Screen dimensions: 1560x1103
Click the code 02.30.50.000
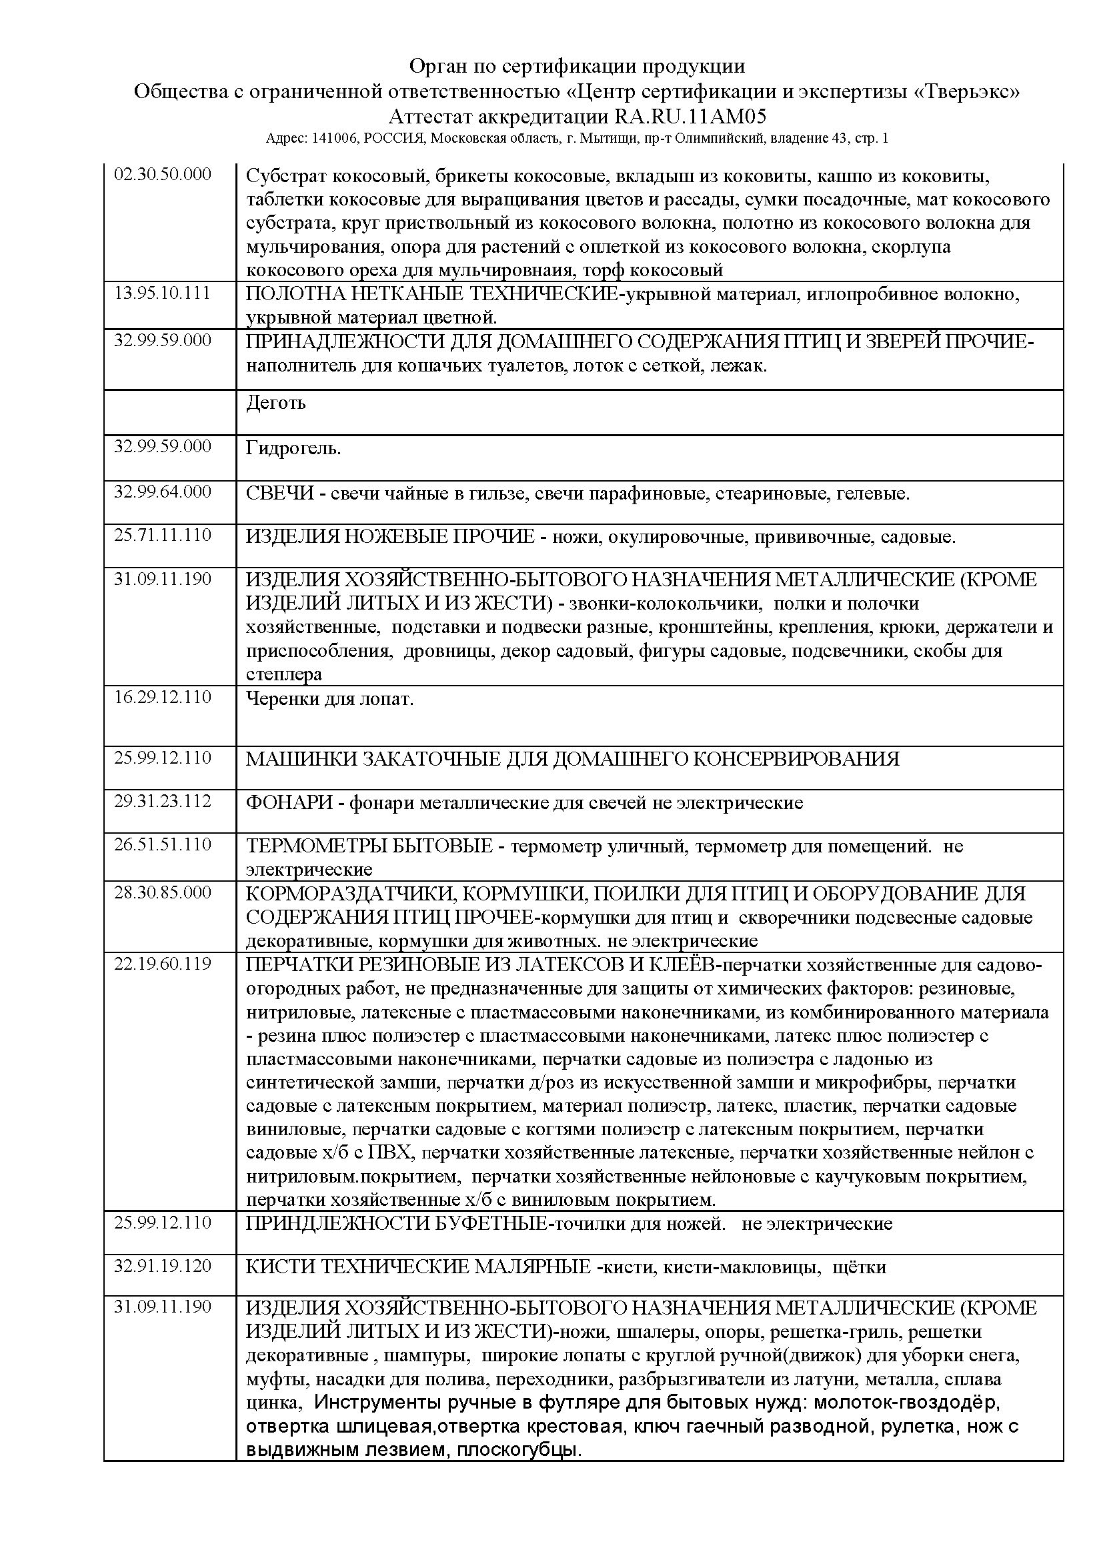162,175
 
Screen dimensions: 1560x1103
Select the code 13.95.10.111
162,293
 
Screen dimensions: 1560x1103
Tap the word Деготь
276,403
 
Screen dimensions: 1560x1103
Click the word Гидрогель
293,448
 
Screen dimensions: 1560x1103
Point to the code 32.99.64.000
162,492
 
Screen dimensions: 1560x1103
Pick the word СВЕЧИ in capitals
280,494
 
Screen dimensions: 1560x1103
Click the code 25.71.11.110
162,536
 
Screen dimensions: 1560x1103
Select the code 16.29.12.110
162,697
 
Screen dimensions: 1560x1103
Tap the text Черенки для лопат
329,699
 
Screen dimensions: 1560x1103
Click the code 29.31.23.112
162,801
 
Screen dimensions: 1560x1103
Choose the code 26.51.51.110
162,844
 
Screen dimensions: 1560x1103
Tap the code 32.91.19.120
162,1266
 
